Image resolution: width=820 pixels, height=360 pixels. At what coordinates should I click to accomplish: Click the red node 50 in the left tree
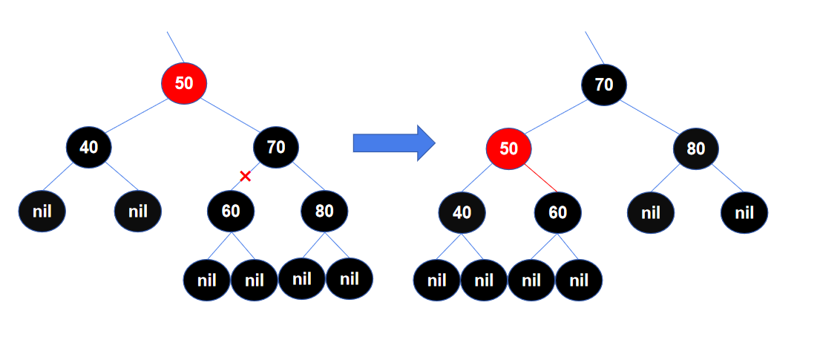(183, 83)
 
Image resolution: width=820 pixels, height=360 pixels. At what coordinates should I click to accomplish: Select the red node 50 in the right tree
(509, 148)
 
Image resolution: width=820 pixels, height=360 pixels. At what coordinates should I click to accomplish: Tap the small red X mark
(246, 177)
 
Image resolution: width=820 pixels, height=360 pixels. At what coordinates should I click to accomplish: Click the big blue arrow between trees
(394, 143)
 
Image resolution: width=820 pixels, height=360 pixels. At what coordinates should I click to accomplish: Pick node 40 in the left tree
(89, 147)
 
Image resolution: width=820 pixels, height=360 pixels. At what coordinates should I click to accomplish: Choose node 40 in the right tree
(462, 212)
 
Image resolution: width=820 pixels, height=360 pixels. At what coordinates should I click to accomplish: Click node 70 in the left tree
(276, 147)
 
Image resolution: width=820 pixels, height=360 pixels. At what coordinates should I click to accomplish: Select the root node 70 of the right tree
(604, 85)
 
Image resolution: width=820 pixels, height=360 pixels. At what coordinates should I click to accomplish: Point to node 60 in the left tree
(231, 211)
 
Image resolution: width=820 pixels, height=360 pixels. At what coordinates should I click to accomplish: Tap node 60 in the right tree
(557, 212)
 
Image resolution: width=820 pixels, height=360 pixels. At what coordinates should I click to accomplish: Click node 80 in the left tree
(324, 211)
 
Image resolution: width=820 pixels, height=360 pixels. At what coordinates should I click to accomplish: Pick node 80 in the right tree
(695, 148)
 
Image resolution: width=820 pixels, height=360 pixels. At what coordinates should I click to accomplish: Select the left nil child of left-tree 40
(42, 212)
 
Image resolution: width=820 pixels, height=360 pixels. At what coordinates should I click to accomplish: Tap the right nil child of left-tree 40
(138, 212)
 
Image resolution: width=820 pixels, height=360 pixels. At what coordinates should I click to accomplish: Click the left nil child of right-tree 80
(651, 213)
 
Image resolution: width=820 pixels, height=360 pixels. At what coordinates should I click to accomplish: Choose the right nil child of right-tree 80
(744, 213)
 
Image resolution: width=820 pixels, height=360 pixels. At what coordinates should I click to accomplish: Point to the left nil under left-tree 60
(207, 280)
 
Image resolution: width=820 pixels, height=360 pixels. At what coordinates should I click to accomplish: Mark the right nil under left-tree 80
(350, 278)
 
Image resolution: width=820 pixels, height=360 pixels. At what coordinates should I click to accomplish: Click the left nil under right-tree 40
(436, 280)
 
